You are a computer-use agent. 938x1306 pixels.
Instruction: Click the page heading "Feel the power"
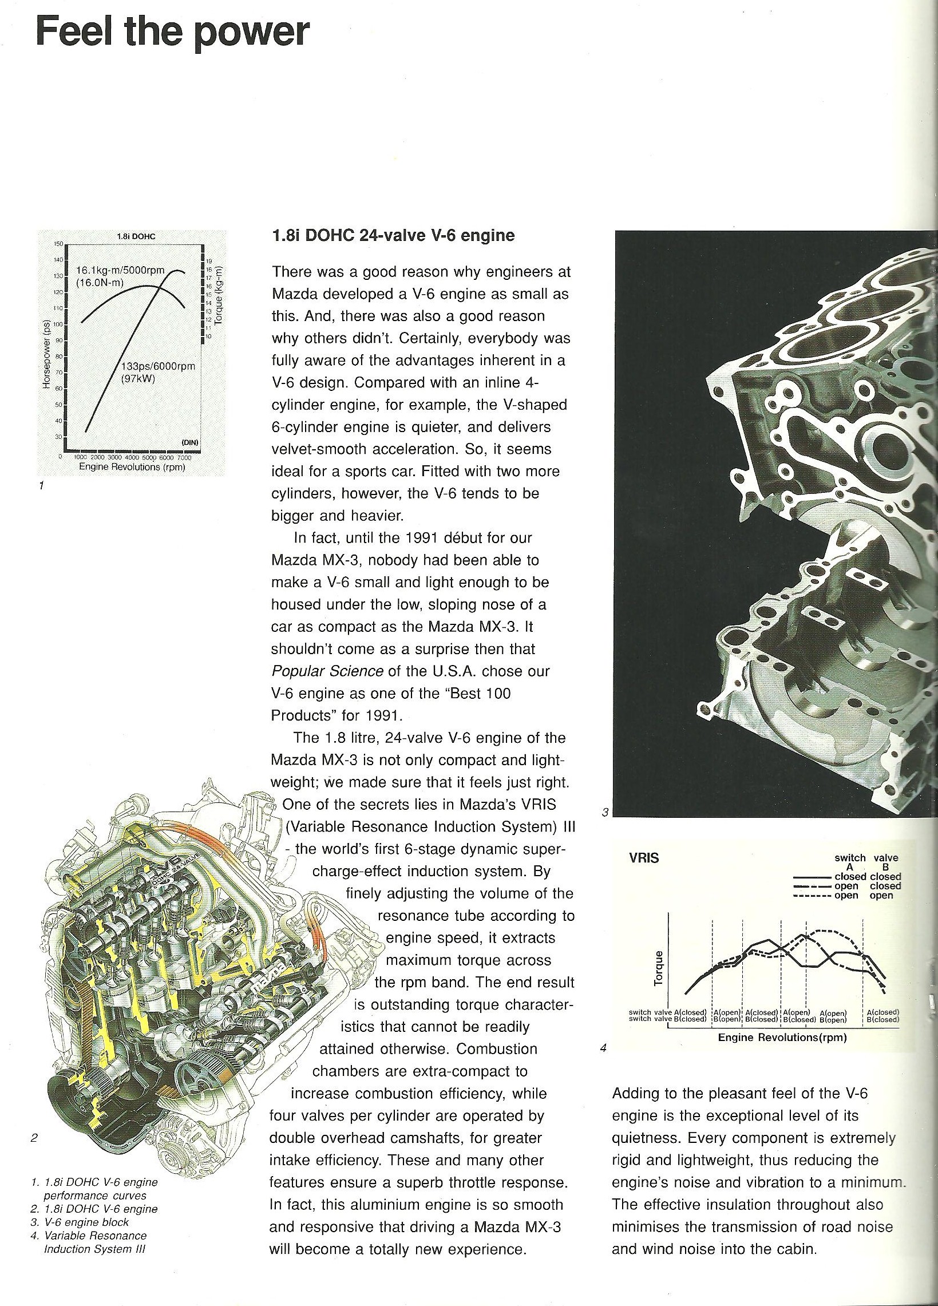pyautogui.click(x=173, y=33)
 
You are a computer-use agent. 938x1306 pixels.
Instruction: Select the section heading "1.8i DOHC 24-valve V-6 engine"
pyautogui.click(x=393, y=236)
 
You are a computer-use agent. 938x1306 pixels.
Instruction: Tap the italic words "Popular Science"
pyautogui.click(x=327, y=671)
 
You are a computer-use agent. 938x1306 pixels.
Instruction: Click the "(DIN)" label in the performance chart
pyautogui.click(x=189, y=442)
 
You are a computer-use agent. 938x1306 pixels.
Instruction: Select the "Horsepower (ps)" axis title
pyautogui.click(x=48, y=354)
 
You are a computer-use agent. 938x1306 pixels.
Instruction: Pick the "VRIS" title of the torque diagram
pyautogui.click(x=644, y=857)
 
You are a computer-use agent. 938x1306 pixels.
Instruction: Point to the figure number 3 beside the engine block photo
pyautogui.click(x=604, y=813)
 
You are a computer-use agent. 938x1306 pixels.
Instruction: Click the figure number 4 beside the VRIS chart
pyautogui.click(x=603, y=1048)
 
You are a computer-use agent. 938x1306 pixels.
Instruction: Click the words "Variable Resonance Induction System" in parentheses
pyautogui.click(x=418, y=826)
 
